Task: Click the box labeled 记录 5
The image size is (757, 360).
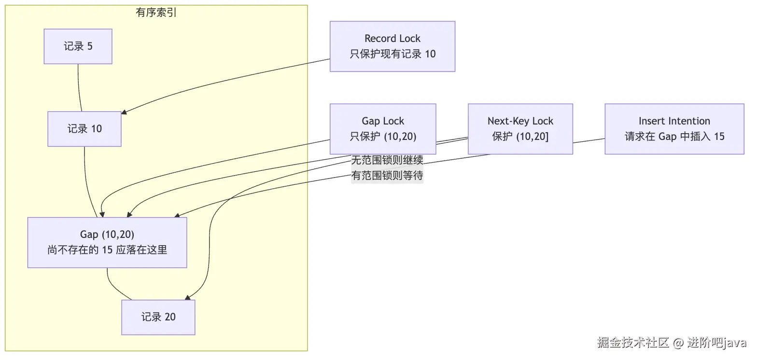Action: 78,46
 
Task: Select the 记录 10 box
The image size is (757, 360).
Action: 84,129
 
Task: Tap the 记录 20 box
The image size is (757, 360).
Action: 158,317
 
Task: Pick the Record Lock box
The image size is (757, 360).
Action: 393,46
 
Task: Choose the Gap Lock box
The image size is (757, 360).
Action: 383,129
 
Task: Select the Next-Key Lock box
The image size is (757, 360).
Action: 520,129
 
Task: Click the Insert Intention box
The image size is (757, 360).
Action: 674,129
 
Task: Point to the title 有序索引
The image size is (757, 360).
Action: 156,13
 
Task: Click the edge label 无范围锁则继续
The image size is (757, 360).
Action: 387,160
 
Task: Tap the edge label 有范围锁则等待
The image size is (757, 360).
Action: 387,175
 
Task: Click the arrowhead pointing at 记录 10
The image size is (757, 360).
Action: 124,112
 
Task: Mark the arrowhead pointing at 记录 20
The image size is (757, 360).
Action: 188,298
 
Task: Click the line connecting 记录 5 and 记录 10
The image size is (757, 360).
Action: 79,88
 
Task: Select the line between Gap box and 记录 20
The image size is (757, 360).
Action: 115,288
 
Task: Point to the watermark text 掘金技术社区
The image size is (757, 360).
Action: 633,343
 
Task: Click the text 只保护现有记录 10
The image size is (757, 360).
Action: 393,54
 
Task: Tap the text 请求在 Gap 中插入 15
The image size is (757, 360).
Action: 674,137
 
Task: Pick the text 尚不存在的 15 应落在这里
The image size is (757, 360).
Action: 107,250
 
